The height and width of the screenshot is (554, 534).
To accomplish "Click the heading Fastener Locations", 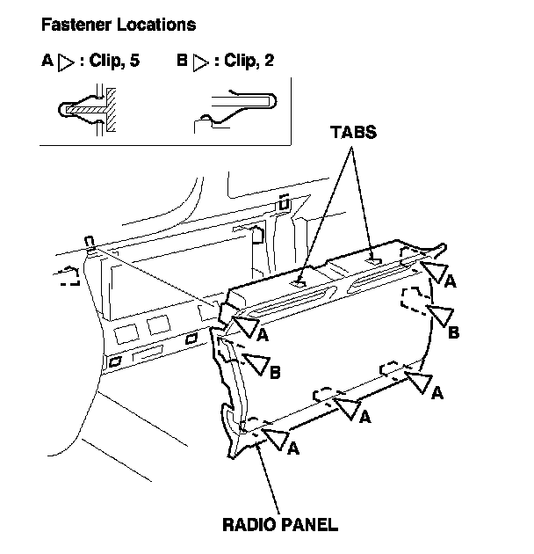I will (119, 25).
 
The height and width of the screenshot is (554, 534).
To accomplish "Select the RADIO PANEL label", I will (279, 525).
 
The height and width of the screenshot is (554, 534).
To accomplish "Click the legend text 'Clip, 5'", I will (125, 64).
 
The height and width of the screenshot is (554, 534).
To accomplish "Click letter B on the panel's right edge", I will (454, 333).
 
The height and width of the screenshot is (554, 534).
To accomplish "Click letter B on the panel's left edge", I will (275, 374).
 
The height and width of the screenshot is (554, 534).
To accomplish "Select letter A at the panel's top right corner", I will (450, 282).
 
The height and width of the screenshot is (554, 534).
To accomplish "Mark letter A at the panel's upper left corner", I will (263, 334).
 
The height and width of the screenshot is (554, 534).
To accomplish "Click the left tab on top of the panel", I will (299, 282).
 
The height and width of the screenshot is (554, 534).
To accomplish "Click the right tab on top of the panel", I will (373, 259).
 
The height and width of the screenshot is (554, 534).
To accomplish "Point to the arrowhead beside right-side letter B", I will (440, 314).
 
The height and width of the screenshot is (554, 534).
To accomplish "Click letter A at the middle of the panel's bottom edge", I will (364, 413).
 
